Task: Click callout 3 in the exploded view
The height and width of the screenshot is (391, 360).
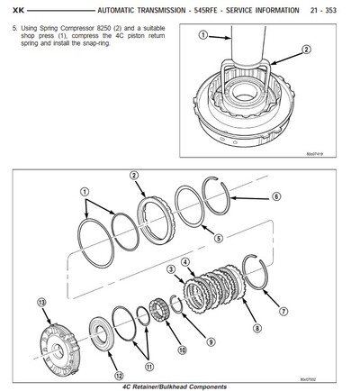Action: [x=169, y=269]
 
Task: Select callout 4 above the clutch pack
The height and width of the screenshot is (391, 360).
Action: [x=185, y=262]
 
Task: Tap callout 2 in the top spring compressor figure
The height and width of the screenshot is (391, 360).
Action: [x=281, y=51]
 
